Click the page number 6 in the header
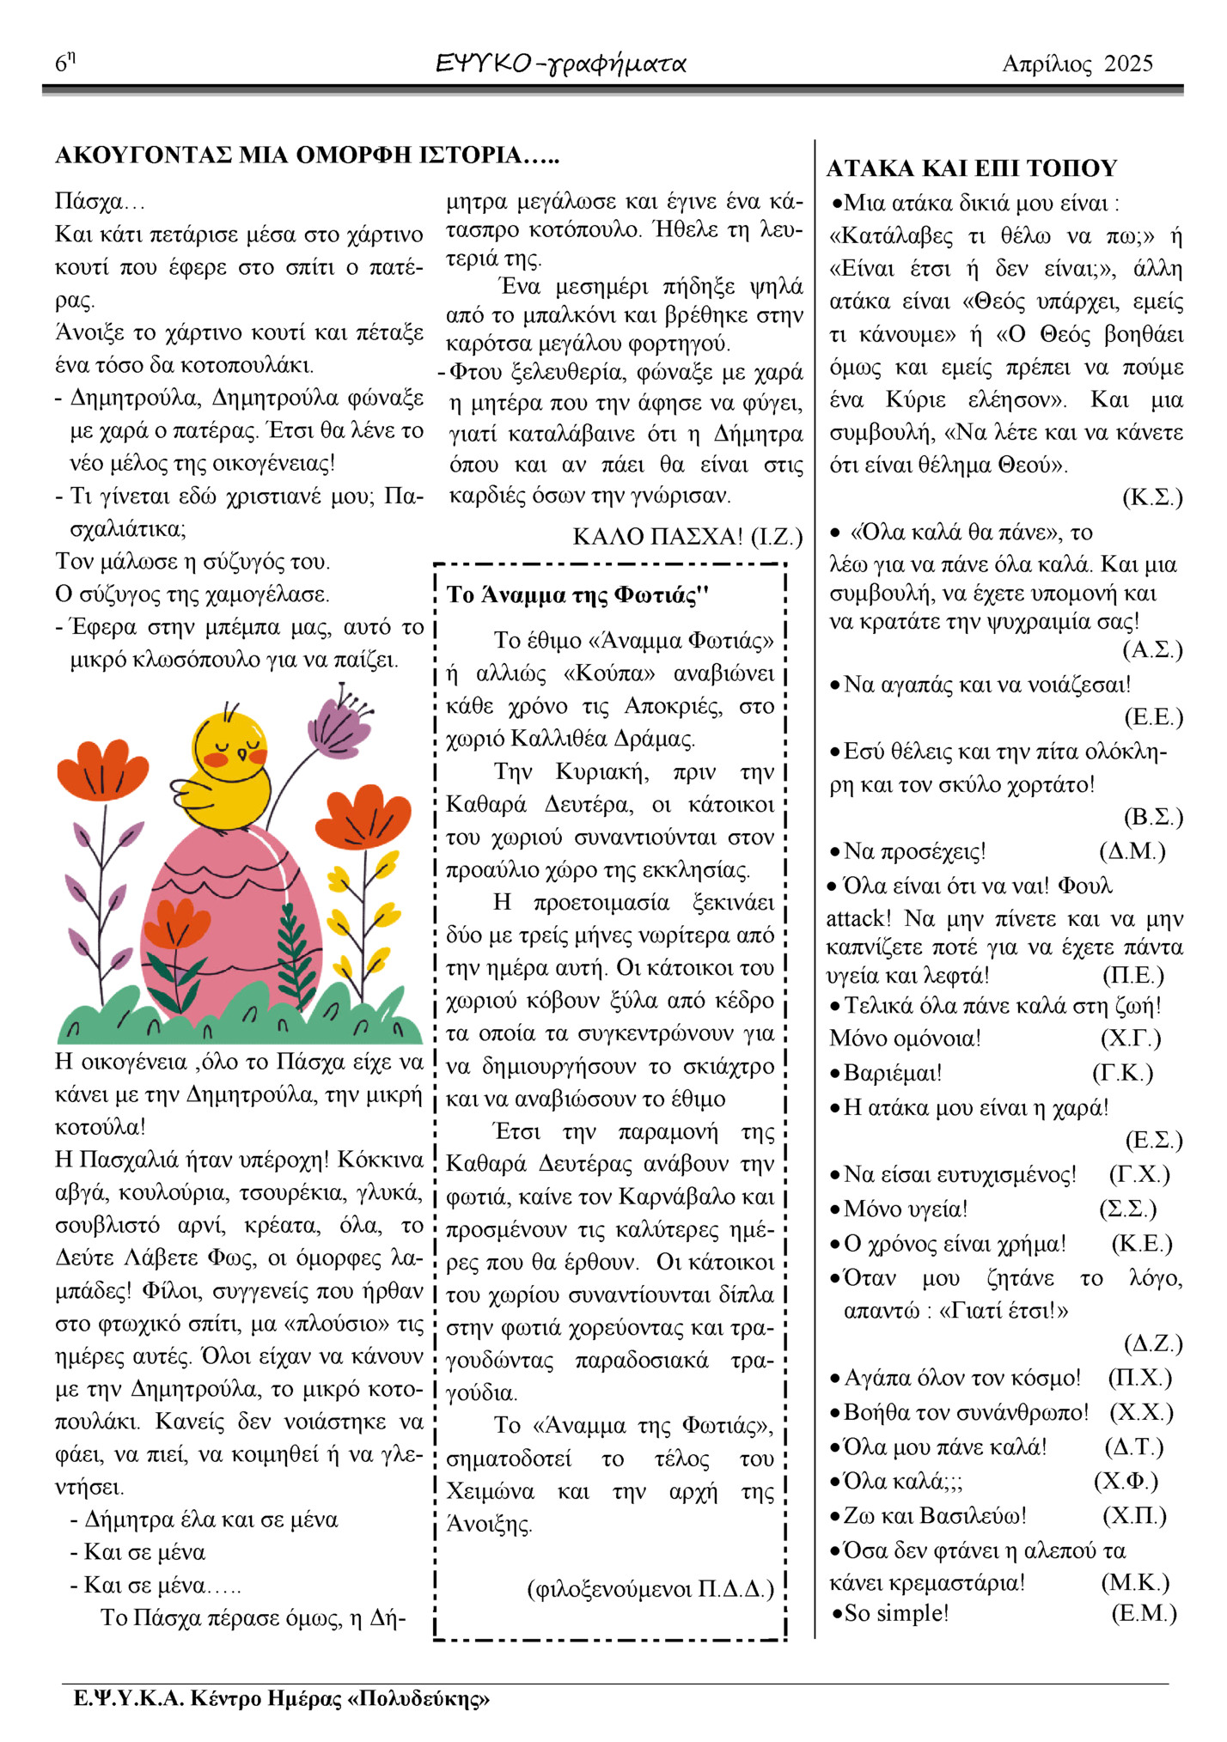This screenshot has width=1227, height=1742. click(x=62, y=64)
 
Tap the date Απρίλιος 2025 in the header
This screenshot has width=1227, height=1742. click(x=1077, y=64)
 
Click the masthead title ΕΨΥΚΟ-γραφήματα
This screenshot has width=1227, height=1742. click(x=560, y=64)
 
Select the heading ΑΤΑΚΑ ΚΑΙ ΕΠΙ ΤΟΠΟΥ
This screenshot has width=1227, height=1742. click(x=971, y=168)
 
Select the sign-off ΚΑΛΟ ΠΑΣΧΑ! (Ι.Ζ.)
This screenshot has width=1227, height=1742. click(x=687, y=537)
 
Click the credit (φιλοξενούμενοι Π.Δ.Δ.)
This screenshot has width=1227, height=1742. click(x=650, y=1588)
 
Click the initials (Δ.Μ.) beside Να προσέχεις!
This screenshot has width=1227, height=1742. click(x=1132, y=851)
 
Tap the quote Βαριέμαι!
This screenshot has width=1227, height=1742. click(x=892, y=1073)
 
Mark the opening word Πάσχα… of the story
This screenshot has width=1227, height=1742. click(x=100, y=203)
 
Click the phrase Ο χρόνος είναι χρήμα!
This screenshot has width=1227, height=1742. click(x=954, y=1244)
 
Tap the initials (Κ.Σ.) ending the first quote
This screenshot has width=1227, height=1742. click(x=1151, y=497)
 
